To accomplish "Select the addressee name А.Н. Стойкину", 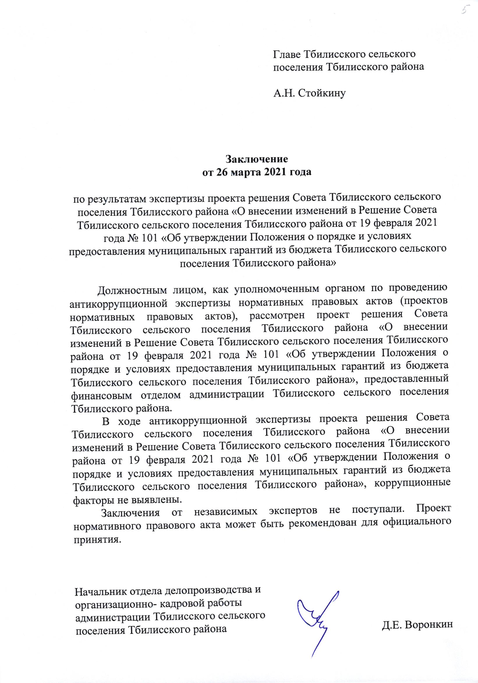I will (x=310, y=94).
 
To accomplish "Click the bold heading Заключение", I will (x=257, y=159).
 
